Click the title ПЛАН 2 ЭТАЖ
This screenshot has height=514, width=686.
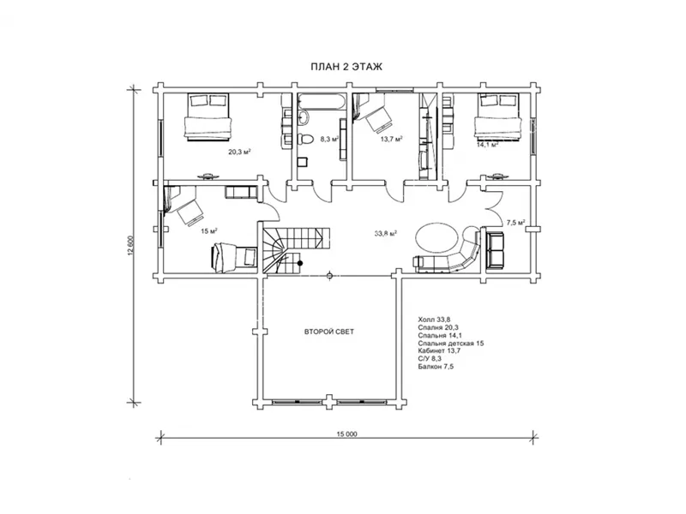tap(346, 67)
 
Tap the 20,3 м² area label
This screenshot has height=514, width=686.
tap(239, 152)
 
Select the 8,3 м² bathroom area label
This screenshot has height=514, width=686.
tap(329, 139)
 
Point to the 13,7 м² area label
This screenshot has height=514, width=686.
tap(391, 139)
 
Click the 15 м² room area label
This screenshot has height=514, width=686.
tap(209, 230)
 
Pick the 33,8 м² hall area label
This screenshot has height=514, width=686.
tap(385, 233)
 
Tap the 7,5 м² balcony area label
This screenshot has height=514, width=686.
tap(515, 223)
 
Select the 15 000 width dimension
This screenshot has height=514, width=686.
tap(346, 434)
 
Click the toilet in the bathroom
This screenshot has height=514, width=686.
tap(305, 140)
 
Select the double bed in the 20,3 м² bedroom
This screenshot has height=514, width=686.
tap(208, 117)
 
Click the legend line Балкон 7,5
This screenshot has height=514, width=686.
tap(436, 367)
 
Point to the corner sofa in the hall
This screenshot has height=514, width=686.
tap(451, 255)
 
